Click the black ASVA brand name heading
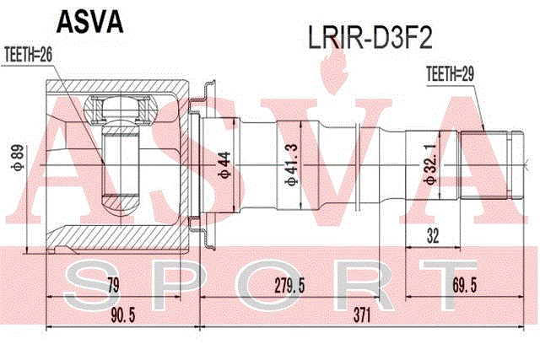pyautogui.click(x=90, y=22)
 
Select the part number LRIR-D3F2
pyautogui.click(x=370, y=39)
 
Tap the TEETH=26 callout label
pyautogui.click(x=28, y=54)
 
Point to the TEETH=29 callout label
pyautogui.click(x=450, y=73)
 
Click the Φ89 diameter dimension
pyautogui.click(x=18, y=158)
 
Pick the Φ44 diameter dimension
pyautogui.click(x=224, y=165)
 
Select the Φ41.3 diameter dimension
pyautogui.click(x=292, y=164)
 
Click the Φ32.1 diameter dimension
pyautogui.click(x=431, y=164)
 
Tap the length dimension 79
pyautogui.click(x=113, y=286)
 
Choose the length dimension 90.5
pyautogui.click(x=122, y=315)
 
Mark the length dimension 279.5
pyautogui.click(x=289, y=286)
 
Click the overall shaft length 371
pyautogui.click(x=362, y=315)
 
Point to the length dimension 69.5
pyautogui.click(x=465, y=286)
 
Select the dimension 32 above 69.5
pyautogui.click(x=433, y=236)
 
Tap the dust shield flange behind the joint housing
pyautogui.click(x=207, y=165)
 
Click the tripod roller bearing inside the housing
pyautogui.click(x=121, y=109)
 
